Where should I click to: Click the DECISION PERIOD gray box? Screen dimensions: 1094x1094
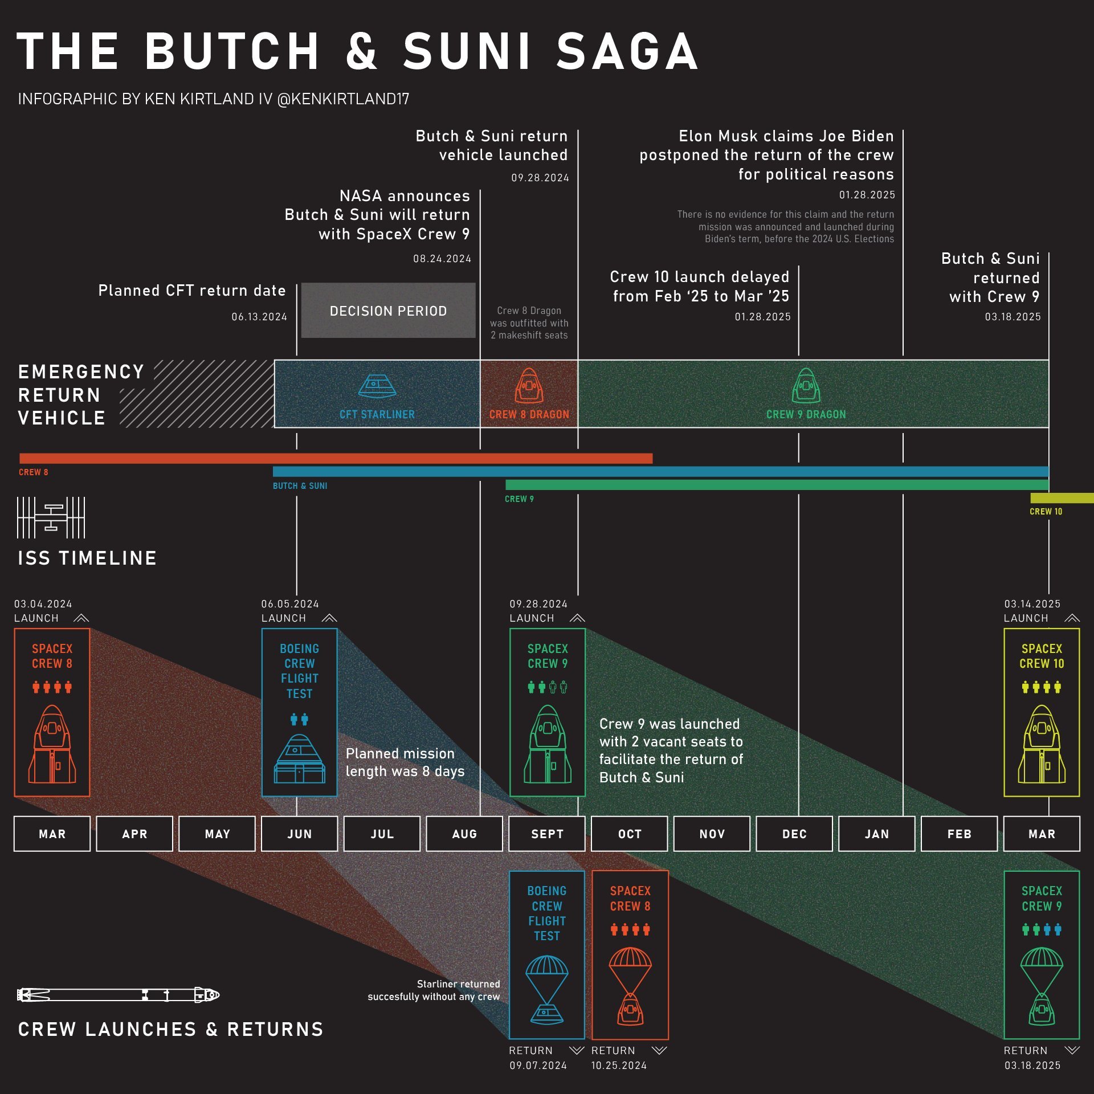click(x=388, y=311)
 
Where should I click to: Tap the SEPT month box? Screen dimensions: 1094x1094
click(x=547, y=834)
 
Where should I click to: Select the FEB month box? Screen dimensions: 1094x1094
click(x=959, y=834)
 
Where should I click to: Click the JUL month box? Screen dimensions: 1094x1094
click(x=382, y=834)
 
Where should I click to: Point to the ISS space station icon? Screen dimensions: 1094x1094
click(x=51, y=517)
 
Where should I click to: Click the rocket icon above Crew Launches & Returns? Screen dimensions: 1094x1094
click(x=118, y=995)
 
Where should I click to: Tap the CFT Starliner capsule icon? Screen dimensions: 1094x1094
click(x=377, y=386)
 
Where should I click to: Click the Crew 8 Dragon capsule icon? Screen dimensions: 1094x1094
click(x=529, y=386)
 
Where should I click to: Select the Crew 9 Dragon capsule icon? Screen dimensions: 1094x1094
click(x=806, y=386)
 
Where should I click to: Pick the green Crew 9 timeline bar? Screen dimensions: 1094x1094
click(x=777, y=485)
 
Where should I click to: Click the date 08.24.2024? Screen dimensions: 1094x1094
click(x=442, y=259)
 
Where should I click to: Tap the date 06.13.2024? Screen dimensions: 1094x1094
click(x=259, y=317)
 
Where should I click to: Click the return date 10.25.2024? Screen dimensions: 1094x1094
click(x=619, y=1066)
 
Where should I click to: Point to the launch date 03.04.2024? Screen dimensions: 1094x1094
click(x=43, y=604)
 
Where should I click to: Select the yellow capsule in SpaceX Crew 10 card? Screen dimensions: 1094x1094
click(x=1042, y=744)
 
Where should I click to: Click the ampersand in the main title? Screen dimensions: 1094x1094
click(x=361, y=51)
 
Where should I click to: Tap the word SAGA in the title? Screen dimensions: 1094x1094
click(x=627, y=51)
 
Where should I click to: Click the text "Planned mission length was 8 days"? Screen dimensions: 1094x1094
click(x=405, y=762)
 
